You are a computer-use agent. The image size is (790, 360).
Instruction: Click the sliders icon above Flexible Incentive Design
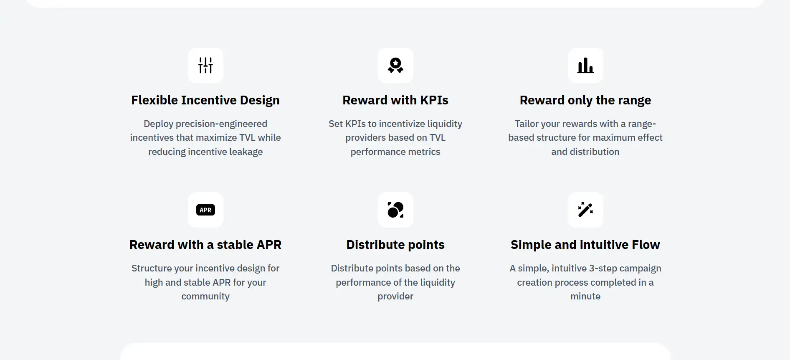pyautogui.click(x=205, y=65)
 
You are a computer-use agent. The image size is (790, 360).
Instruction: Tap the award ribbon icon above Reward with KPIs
pyautogui.click(x=395, y=65)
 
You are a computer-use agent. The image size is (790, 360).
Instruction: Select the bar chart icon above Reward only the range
pyautogui.click(x=585, y=65)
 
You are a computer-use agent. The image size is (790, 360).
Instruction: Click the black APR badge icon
pyautogui.click(x=205, y=210)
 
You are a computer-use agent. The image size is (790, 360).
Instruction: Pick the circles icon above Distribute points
pyautogui.click(x=395, y=210)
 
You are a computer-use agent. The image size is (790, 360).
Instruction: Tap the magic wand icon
pyautogui.click(x=585, y=210)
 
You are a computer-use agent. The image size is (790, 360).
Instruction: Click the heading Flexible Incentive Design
pyautogui.click(x=205, y=100)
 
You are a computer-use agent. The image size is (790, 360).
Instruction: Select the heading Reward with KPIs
pyautogui.click(x=395, y=100)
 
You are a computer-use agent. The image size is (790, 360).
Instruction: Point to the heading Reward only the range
pyautogui.click(x=585, y=100)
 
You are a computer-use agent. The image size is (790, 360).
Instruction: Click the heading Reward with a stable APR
pyautogui.click(x=205, y=245)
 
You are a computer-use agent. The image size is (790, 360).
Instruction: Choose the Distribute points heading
pyautogui.click(x=395, y=245)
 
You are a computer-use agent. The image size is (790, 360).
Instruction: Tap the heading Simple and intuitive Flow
pyautogui.click(x=585, y=245)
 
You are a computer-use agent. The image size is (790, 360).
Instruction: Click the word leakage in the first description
pyautogui.click(x=246, y=152)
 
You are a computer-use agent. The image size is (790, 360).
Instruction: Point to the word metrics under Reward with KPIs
pyautogui.click(x=424, y=152)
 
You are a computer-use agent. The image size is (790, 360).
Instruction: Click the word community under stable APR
pyautogui.click(x=205, y=297)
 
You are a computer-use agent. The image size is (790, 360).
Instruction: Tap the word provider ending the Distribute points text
pyautogui.click(x=395, y=297)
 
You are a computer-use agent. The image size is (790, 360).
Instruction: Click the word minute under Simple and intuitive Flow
pyautogui.click(x=585, y=296)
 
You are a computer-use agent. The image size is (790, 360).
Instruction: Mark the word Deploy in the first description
pyautogui.click(x=158, y=124)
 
